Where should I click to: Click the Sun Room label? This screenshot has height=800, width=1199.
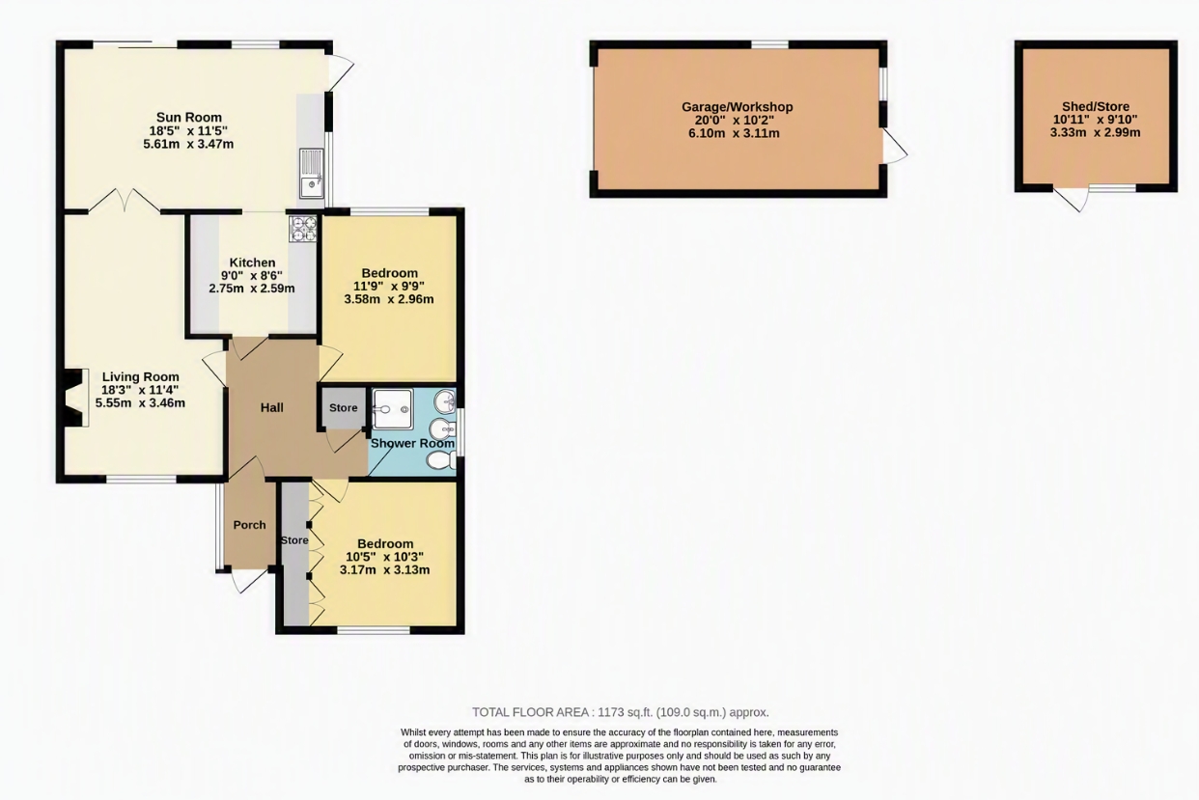point(188,117)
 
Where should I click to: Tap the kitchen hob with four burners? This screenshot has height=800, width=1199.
point(303,229)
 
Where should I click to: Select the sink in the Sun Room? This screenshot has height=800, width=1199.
point(312,174)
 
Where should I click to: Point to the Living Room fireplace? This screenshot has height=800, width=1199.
point(76,398)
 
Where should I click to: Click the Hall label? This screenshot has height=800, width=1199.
point(272,408)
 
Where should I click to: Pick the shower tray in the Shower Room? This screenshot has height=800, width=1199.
point(393,409)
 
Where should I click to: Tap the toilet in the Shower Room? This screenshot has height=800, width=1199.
point(442,460)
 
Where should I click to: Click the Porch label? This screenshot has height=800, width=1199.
point(249,525)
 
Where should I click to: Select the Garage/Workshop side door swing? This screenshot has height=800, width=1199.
point(895,145)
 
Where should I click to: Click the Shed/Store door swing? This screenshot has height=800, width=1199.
point(1073,199)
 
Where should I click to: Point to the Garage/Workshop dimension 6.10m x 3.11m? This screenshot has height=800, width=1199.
point(734,134)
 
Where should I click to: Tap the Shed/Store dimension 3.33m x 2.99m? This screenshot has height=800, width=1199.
point(1095,133)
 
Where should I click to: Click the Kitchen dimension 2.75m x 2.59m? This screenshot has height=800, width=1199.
point(252,289)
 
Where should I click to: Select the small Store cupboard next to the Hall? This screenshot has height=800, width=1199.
point(343,408)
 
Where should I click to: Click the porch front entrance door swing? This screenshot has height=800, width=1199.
point(249,581)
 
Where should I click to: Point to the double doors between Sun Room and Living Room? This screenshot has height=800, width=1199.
point(124,200)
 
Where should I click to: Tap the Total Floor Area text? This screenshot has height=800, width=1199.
point(621,712)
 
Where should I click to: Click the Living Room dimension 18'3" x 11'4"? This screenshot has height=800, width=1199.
point(140,390)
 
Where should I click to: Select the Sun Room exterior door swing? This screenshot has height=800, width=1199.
point(342,72)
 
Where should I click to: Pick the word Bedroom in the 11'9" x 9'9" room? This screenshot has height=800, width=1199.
point(389,273)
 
